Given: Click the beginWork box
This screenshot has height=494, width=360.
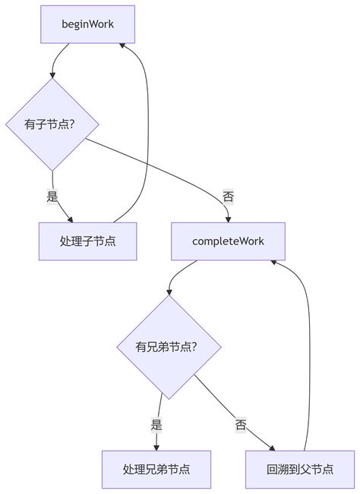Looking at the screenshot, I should [x=87, y=24].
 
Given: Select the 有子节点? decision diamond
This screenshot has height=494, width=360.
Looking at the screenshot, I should [x=52, y=124].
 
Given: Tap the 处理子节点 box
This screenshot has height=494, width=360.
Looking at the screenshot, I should [x=87, y=241].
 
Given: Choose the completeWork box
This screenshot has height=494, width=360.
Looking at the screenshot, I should [x=228, y=241].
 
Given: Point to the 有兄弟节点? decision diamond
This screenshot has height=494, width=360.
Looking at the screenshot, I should [x=169, y=347].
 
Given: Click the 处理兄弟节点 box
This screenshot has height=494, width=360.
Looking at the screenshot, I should [x=156, y=470].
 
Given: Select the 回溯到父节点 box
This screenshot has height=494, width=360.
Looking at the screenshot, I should [x=300, y=470].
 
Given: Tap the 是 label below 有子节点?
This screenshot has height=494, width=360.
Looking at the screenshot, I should [x=52, y=196].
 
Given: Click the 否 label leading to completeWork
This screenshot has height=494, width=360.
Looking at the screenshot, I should [x=228, y=196].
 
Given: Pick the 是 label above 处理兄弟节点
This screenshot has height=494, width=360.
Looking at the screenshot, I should [x=156, y=425].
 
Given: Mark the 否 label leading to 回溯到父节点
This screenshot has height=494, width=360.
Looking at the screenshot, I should [x=241, y=425].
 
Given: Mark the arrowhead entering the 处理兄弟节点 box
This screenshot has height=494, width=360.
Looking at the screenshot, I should [x=156, y=447].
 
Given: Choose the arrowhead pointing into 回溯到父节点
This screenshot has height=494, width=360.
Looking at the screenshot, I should [x=273, y=448].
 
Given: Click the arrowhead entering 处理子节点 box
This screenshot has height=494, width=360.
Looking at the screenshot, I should [x=71, y=219].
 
